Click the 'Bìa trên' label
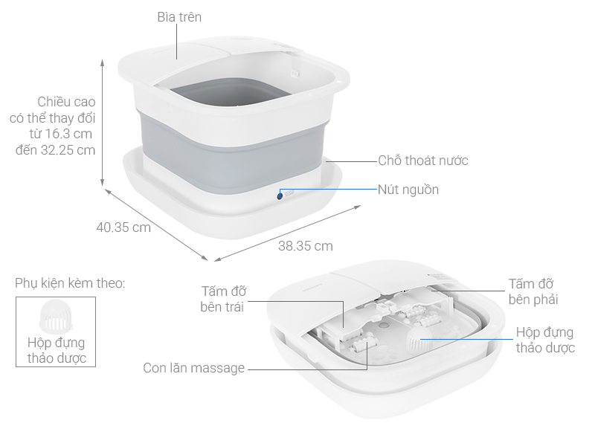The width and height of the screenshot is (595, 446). [179, 16]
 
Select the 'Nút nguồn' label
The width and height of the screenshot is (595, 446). [408, 190]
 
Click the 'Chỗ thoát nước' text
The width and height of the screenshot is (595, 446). [422, 161]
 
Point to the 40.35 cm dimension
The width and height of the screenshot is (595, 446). [123, 227]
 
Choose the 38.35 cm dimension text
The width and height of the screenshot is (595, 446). [305, 246]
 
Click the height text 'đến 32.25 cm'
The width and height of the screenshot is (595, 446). [56, 149]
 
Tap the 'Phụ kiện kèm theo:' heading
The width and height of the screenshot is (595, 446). [70, 283]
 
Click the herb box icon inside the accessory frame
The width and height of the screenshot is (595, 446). [55, 317]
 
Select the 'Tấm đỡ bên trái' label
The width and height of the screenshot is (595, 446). [223, 299]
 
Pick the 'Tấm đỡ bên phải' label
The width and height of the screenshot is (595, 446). [532, 291]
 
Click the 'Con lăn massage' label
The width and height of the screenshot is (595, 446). [193, 368]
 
